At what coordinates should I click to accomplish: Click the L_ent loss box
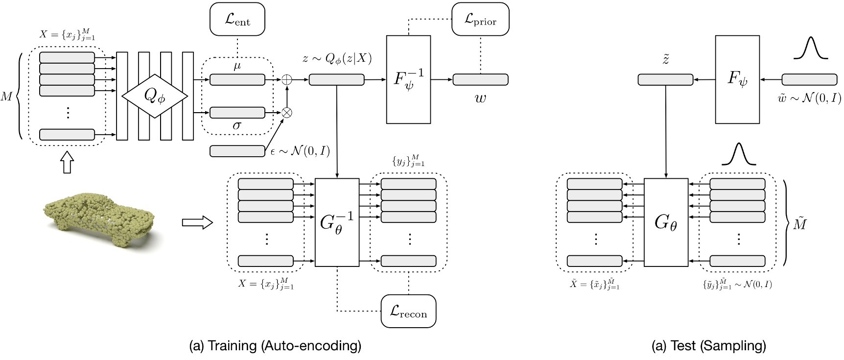(x=237, y=19)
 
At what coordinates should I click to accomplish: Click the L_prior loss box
(x=480, y=19)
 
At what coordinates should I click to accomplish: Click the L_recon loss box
(x=408, y=311)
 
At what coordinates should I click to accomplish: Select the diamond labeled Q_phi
(x=154, y=96)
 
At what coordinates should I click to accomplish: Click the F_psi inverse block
(x=408, y=79)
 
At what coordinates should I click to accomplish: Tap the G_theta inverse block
(x=337, y=222)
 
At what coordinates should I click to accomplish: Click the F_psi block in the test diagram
(x=737, y=79)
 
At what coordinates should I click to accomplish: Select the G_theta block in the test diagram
(x=666, y=222)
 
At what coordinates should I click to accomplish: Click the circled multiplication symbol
(x=287, y=113)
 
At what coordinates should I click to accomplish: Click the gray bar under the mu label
(x=237, y=80)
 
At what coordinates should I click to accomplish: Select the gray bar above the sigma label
(x=237, y=113)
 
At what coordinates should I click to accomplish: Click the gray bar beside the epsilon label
(x=237, y=151)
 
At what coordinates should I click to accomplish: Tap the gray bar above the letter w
(x=480, y=79)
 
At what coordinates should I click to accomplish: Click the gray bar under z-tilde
(x=665, y=79)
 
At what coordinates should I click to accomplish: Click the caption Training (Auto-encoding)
(x=275, y=346)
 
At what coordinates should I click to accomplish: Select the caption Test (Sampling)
(x=709, y=346)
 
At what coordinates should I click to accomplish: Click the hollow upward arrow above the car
(x=68, y=162)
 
